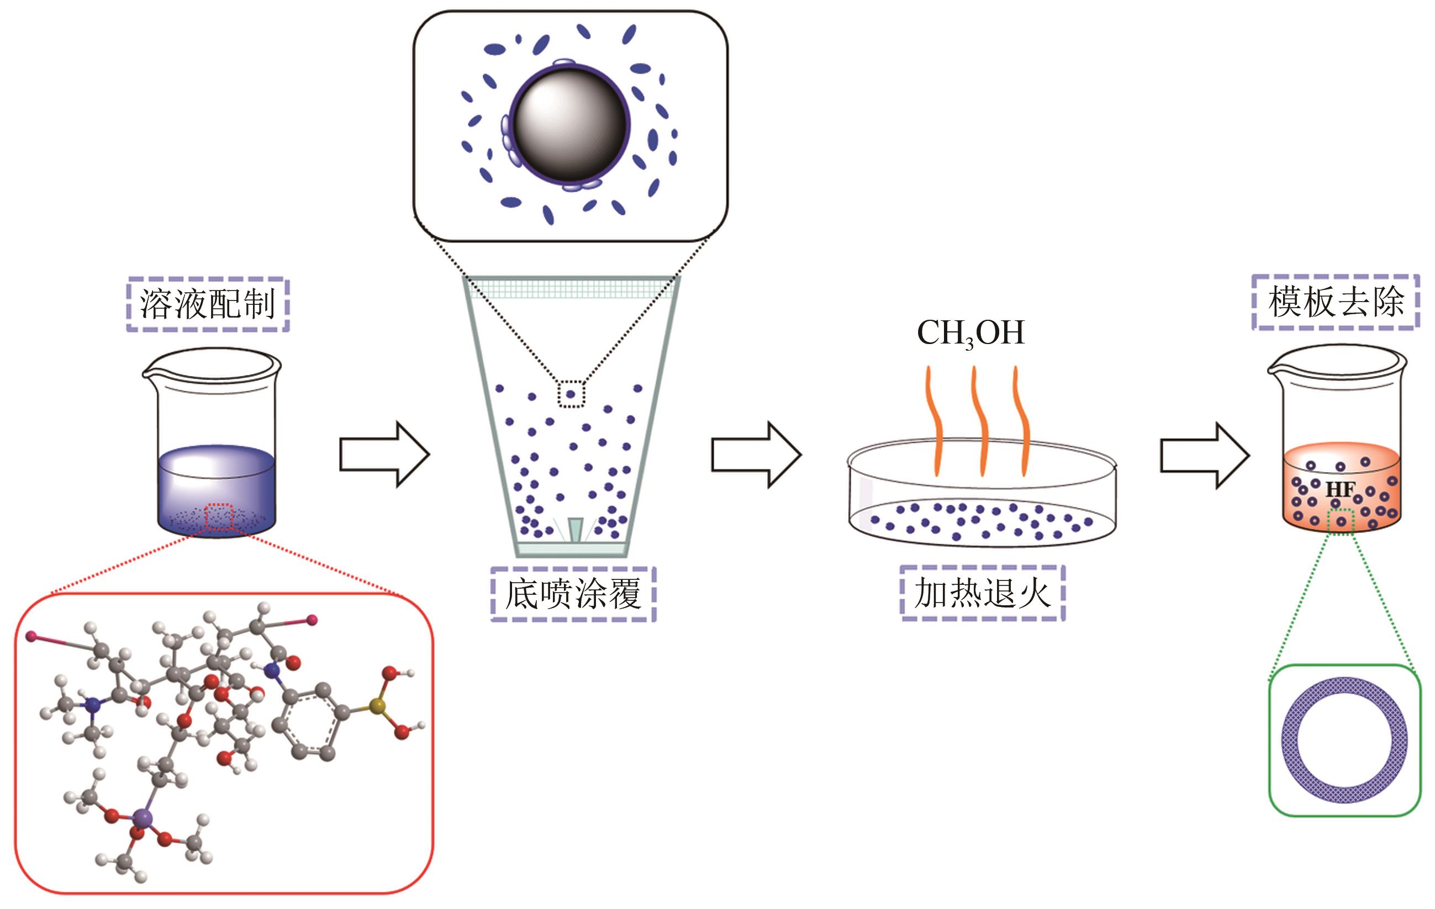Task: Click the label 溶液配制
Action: [207, 304]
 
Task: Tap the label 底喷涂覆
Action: [573, 594]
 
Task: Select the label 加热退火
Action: [982, 593]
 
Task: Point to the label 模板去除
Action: [1336, 302]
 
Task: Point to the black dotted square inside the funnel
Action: [571, 394]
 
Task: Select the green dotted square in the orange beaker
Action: [1341, 522]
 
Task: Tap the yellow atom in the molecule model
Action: [377, 707]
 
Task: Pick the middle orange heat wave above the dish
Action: [979, 420]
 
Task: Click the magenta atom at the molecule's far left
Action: [31, 637]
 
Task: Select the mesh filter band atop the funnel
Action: [572, 289]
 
